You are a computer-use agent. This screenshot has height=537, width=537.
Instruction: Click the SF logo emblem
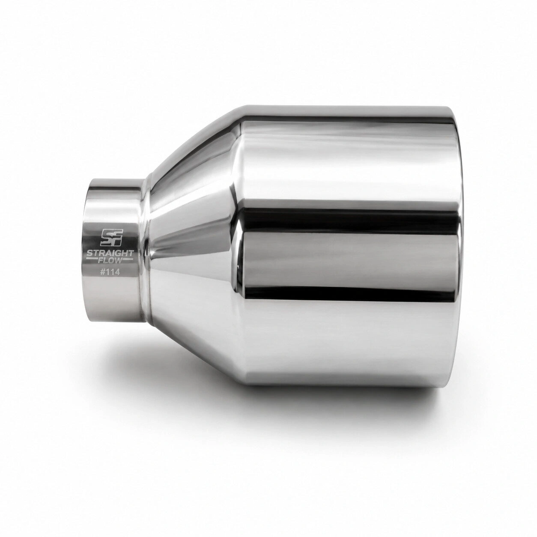[x=111, y=237]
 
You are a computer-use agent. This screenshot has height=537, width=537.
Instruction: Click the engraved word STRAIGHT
[x=110, y=253]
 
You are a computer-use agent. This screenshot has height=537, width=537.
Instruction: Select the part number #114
[x=110, y=272]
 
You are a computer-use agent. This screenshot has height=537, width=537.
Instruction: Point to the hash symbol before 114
[x=103, y=272]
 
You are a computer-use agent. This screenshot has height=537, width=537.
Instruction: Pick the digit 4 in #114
[x=117, y=272]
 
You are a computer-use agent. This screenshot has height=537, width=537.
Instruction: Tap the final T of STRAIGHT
[x=131, y=253]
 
